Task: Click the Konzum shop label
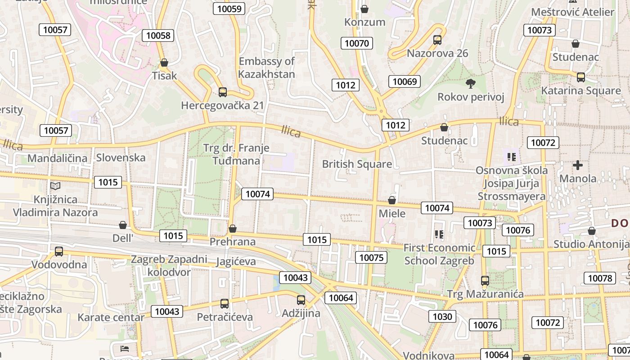pos(364,22)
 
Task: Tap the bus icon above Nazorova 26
pos(437,40)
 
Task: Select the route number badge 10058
pos(158,36)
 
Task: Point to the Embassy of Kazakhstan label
pos(266,67)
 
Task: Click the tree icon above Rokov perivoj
pos(471,83)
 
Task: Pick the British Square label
pos(357,164)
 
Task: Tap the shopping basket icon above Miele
pos(392,200)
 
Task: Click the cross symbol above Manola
pos(578,165)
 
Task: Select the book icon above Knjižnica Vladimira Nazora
pos(55,186)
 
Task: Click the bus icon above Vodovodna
pos(59,251)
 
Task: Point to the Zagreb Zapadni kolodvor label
pos(169,265)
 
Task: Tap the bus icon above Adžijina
pos(301,300)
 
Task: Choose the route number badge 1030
pos(442,316)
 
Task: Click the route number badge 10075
pos(371,257)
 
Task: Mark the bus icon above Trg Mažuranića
pos(485,281)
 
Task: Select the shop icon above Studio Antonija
pos(591,231)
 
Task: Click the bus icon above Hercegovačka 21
pos(222,92)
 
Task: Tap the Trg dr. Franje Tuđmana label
pos(236,154)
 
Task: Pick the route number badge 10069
pos(405,81)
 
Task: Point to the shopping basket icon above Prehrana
pos(233,229)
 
